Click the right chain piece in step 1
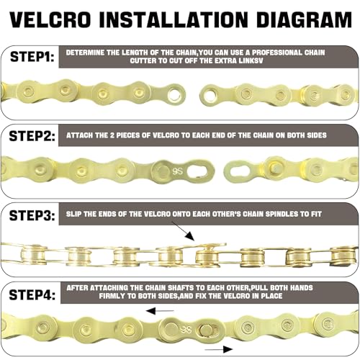click(277, 94)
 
